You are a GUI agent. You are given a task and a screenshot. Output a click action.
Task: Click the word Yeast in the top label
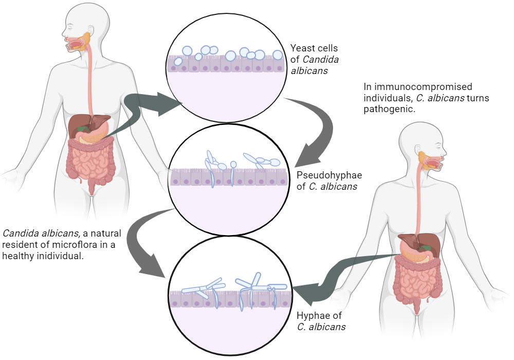coord(302,48)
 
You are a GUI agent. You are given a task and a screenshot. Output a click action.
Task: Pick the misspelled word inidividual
coord(56,256)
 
